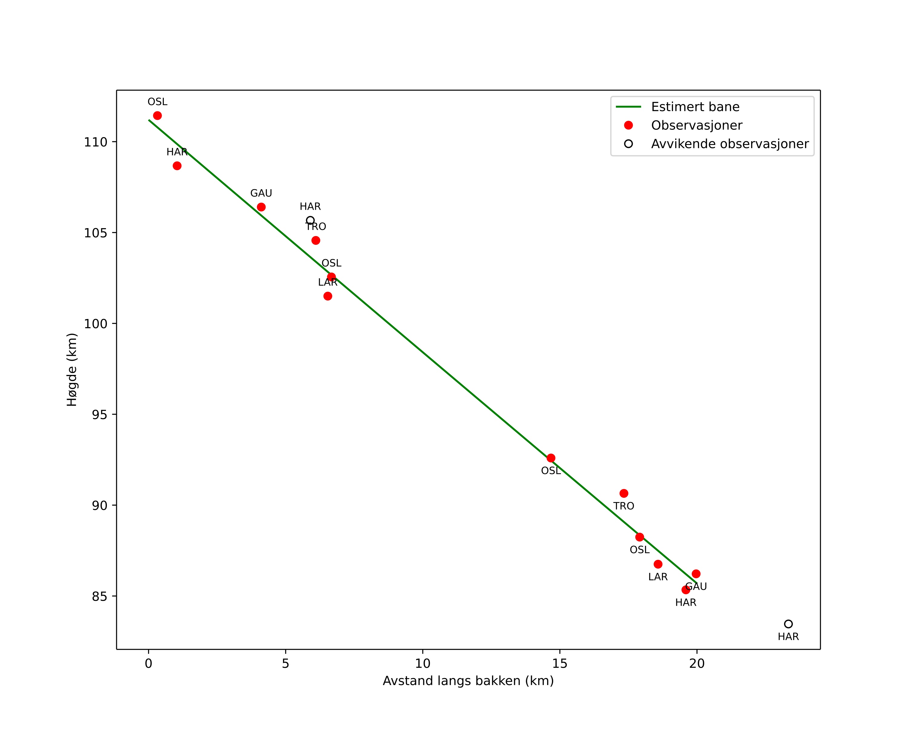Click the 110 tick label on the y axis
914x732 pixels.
click(x=95, y=142)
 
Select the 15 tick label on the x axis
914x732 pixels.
click(x=559, y=664)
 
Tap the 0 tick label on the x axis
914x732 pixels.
click(x=148, y=664)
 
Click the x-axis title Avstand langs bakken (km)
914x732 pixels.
click(x=468, y=681)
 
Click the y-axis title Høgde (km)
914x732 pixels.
click(x=72, y=370)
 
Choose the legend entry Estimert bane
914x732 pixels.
click(x=695, y=107)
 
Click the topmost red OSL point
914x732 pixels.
click(x=157, y=116)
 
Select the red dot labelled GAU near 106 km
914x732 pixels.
click(x=261, y=207)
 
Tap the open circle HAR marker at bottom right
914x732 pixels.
click(x=788, y=624)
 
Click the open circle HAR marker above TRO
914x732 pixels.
click(x=310, y=220)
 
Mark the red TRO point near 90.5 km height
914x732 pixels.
click(x=624, y=494)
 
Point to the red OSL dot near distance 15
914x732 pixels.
click(x=551, y=458)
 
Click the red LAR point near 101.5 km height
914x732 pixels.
click(x=328, y=296)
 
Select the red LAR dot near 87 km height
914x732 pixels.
click(x=658, y=564)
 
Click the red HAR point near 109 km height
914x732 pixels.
click(x=177, y=166)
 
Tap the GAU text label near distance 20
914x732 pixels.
click(x=696, y=587)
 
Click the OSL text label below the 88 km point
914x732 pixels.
click(x=639, y=550)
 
